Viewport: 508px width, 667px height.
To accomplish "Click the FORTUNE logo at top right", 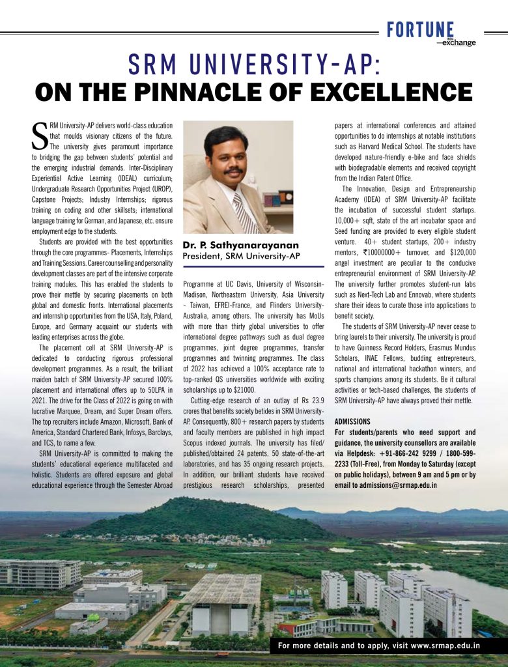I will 420,29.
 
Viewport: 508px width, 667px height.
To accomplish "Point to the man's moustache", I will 233,171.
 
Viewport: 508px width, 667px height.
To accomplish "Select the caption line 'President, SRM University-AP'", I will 241,256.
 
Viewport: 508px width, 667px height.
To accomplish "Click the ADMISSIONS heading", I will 352,421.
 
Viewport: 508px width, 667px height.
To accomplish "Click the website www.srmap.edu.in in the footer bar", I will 445,646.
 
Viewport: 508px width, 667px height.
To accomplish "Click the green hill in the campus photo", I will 195,517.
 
